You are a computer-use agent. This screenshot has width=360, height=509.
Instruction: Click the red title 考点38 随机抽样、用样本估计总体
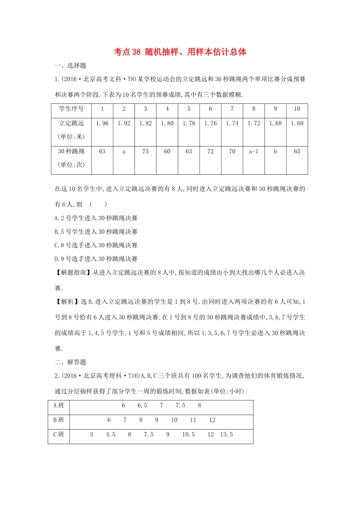tap(180, 52)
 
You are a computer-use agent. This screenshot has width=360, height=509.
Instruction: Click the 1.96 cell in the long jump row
tap(102, 123)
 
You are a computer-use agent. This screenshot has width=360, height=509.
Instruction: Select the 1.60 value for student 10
tap(297, 123)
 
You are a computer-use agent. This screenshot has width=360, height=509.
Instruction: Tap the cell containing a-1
tap(254, 151)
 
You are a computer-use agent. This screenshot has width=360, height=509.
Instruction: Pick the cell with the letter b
tap(275, 151)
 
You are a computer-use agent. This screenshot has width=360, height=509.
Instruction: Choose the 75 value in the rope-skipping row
tap(146, 151)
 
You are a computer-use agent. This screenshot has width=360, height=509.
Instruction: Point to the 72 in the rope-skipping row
tap(211, 151)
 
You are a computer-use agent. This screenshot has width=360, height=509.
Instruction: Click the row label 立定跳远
tap(71, 123)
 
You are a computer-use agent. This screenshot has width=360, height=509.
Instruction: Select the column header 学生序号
tap(71, 109)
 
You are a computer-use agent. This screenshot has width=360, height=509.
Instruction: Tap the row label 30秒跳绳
tap(71, 151)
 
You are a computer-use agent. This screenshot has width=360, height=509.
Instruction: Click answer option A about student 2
tap(96, 218)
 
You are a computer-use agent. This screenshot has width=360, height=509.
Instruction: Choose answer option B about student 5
tap(96, 232)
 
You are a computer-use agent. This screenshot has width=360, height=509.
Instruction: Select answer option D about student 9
tap(96, 259)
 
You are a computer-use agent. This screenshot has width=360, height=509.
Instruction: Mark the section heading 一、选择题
tap(70, 66)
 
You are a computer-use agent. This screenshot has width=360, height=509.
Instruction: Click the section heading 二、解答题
tap(70, 362)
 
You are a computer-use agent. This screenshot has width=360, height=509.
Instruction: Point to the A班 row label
tap(59, 406)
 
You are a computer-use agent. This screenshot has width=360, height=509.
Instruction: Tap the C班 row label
tap(59, 434)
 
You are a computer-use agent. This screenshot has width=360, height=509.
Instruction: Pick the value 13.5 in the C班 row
tap(227, 434)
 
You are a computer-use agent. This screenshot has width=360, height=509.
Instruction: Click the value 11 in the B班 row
tap(193, 420)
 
